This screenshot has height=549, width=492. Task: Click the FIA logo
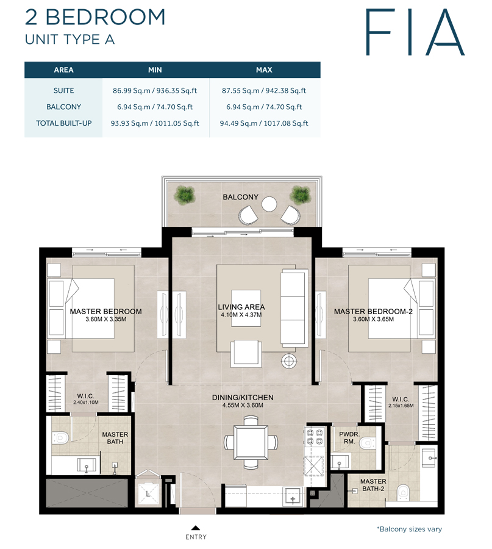[414, 32]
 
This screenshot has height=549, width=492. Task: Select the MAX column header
[264, 70]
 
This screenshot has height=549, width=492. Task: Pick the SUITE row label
[63, 91]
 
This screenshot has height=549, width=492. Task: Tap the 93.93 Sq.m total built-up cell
[156, 123]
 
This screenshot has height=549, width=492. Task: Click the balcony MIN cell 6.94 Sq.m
[156, 107]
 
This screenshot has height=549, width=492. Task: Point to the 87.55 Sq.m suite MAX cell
[264, 91]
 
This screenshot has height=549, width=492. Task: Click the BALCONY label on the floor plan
[240, 198]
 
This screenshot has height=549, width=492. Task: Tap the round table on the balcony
[268, 203]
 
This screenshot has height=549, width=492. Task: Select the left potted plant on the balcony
[183, 195]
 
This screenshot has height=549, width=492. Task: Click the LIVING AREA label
[241, 307]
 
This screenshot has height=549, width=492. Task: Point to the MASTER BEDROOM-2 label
[374, 312]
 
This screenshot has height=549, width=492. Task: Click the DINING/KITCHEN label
[242, 398]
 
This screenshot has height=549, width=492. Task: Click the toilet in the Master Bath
[60, 437]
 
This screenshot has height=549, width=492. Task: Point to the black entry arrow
[195, 528]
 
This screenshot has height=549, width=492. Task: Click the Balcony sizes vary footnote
[409, 529]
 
